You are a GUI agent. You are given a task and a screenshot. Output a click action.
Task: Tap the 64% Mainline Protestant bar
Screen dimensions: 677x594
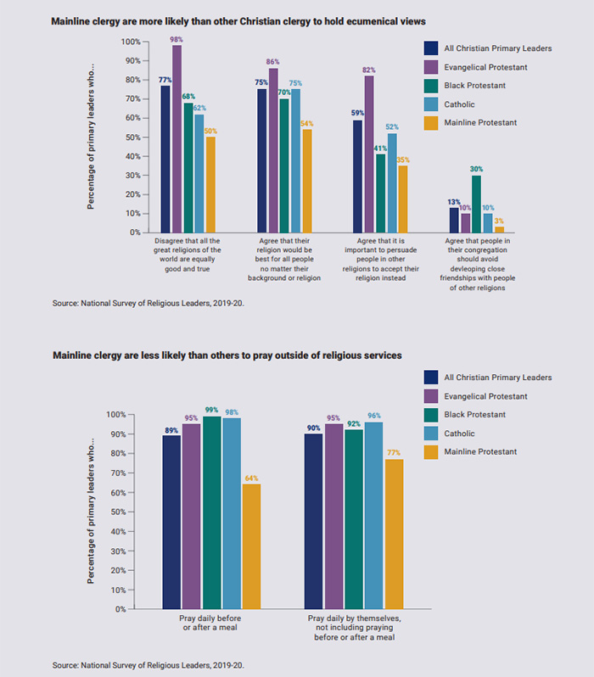tap(251, 546)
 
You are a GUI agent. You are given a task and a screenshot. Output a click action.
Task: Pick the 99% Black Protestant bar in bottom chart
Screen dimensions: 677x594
tap(211, 512)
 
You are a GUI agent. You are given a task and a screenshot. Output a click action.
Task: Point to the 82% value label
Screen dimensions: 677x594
tap(369, 70)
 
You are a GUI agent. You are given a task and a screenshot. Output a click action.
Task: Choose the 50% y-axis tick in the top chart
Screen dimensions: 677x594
tap(130, 137)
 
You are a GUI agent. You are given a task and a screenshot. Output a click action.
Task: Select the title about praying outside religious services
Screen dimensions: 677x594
tap(227, 355)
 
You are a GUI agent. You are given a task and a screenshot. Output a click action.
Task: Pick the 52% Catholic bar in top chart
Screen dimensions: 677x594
tap(391, 182)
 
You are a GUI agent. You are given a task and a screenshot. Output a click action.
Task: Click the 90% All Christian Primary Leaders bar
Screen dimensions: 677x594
tap(313, 521)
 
